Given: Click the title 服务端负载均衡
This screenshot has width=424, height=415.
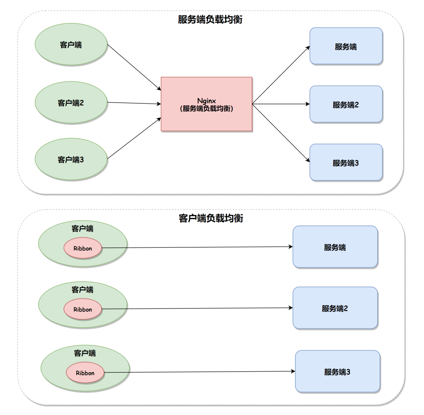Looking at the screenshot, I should tap(210, 20).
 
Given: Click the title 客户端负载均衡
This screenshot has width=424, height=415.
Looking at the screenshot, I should tap(210, 218).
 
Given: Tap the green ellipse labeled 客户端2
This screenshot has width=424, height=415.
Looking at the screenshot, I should tap(71, 103).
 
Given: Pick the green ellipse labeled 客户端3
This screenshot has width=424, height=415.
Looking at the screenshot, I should tap(71, 160).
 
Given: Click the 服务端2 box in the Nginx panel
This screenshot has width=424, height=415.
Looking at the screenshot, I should tap(346, 104).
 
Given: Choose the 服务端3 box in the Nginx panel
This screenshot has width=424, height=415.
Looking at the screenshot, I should tap(346, 162).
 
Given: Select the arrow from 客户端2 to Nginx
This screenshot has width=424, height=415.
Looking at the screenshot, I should tap(133, 103).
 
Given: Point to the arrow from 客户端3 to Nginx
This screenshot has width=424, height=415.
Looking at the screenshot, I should tap(133, 138).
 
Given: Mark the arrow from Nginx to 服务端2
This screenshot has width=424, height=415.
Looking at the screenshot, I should tap(281, 104).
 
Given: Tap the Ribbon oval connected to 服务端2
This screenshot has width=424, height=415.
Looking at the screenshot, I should tap(83, 309).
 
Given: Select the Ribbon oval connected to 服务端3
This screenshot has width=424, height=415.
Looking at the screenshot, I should tap(85, 373).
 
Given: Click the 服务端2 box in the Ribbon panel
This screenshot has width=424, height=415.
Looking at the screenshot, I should tap(335, 308).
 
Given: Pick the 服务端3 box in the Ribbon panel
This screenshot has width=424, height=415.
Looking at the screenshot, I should tap(337, 371).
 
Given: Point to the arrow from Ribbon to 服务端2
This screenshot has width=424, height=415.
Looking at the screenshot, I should tap(196, 308).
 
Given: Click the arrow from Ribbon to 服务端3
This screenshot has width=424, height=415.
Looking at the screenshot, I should tap(198, 372).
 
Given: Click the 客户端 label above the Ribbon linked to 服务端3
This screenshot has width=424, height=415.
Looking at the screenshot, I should tap(85, 353).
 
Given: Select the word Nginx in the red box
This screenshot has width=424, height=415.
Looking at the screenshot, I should tap(207, 101).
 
